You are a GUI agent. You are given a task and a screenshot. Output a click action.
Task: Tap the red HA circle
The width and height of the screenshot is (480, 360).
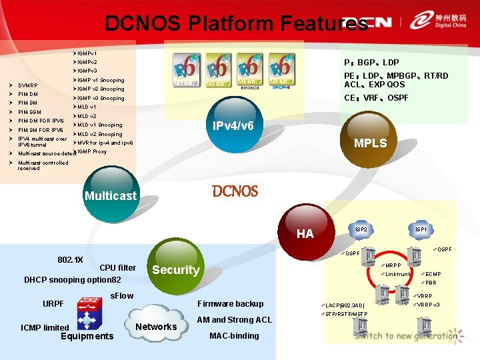point(305,233)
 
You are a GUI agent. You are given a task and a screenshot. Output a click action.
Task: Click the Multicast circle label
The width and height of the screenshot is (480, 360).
point(111,196)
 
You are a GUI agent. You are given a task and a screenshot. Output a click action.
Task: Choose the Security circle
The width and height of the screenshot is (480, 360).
point(175,269)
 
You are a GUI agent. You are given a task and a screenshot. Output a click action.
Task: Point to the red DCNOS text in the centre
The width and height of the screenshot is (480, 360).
point(235,191)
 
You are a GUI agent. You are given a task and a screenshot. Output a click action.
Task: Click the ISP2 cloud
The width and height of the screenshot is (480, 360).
point(361,230)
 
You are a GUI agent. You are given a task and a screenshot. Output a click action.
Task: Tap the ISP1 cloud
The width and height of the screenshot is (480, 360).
point(421,230)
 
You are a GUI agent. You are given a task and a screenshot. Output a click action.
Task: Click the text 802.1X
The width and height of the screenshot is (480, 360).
point(71,259)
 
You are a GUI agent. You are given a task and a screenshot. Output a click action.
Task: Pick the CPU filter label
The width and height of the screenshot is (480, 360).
point(117,268)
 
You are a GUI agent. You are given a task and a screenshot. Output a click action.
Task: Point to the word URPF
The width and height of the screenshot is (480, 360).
point(53,304)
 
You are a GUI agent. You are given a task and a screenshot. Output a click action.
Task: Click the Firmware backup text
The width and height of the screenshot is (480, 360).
point(231,304)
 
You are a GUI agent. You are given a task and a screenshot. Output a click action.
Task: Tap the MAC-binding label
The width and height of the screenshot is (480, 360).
point(234,335)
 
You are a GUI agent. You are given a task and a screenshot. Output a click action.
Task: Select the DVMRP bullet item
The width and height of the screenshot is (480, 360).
point(28,85)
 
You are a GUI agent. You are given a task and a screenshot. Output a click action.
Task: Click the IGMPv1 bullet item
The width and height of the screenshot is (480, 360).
point(87,53)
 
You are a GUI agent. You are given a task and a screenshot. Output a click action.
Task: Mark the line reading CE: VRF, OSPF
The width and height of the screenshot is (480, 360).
point(376,98)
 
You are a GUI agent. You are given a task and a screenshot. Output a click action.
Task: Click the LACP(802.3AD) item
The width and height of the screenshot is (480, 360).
point(345,305)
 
